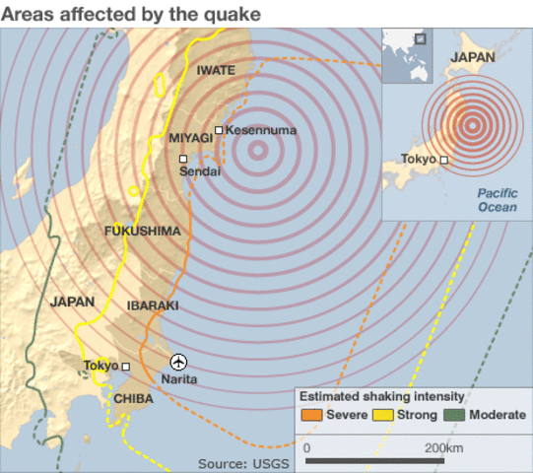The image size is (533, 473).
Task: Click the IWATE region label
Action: point(216,70)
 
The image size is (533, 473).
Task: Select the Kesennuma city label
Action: point(261,130)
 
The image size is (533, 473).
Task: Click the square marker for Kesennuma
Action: point(219,130)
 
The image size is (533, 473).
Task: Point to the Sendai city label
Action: point(200,171)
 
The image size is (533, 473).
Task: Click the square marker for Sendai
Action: point(182,158)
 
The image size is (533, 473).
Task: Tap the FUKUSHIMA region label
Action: point(143,231)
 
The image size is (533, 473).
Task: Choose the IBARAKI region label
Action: point(153,305)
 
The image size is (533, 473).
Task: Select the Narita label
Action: point(178,379)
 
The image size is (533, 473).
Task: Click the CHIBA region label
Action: point(133,399)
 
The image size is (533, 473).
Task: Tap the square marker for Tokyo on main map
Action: point(126,367)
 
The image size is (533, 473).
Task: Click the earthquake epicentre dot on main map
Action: point(257,151)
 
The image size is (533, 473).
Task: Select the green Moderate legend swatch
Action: point(454,415)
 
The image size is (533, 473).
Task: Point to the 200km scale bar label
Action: point(443,447)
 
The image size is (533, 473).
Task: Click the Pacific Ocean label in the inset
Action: point(498,200)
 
